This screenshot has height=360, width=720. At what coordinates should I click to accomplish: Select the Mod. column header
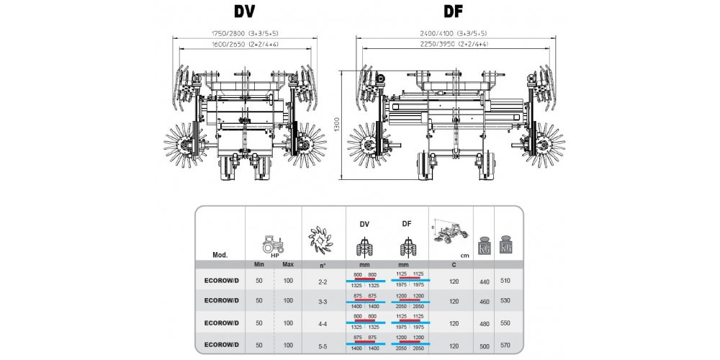(220, 255)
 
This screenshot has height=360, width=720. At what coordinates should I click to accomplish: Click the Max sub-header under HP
(288, 265)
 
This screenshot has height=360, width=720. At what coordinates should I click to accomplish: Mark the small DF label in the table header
(408, 224)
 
